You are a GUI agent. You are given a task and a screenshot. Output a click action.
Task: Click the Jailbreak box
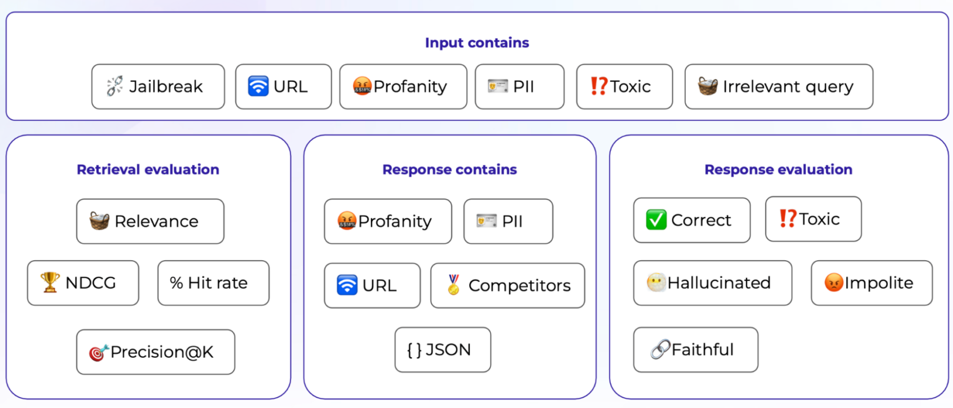[158, 87]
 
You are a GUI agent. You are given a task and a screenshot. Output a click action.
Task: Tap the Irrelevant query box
[779, 87]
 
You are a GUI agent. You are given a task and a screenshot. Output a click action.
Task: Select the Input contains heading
[477, 42]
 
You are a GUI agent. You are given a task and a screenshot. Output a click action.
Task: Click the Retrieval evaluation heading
[148, 169]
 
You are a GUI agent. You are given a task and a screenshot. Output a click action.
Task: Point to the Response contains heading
[449, 169]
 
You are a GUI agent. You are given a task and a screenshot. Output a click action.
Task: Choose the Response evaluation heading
[779, 169]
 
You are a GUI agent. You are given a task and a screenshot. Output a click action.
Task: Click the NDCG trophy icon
[50, 282]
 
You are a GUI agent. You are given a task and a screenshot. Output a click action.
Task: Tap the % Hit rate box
[214, 283]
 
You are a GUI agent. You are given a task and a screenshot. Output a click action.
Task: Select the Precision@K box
[156, 352]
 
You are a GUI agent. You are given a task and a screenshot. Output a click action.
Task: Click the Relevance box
[150, 221]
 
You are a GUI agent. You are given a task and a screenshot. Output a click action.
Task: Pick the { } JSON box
[443, 350]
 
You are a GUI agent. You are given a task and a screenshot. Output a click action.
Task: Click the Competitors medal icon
[453, 285]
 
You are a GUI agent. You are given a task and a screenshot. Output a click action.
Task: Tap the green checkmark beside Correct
[656, 220]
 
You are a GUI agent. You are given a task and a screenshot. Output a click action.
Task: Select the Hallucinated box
[713, 283]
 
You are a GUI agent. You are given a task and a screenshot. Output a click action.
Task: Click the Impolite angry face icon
[833, 282]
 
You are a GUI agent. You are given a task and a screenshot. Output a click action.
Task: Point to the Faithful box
[696, 350]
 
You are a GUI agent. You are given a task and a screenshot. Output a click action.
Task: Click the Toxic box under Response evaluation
[814, 220]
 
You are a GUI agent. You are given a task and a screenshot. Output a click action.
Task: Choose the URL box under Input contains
[283, 87]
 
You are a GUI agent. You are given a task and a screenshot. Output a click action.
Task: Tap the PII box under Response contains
[509, 221]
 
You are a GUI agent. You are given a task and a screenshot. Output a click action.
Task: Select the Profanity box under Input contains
[403, 87]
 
